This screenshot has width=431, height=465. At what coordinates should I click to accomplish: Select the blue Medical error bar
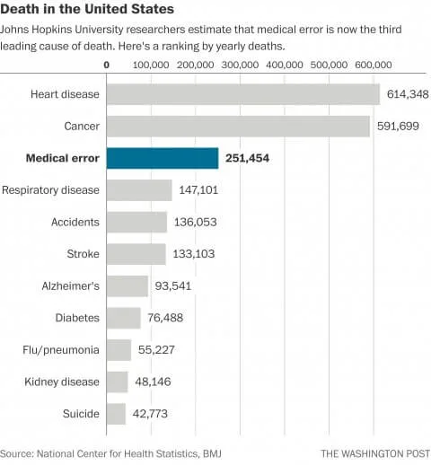[163, 158]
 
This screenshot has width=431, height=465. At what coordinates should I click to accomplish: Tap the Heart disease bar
[242, 94]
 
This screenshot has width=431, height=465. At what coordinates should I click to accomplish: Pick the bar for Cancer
[238, 126]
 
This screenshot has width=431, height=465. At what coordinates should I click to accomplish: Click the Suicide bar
[117, 414]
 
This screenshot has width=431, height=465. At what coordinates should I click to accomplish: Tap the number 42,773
[153, 414]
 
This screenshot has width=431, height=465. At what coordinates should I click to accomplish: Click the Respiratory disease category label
[50, 189]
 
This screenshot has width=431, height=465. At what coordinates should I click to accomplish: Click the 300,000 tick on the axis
[240, 66]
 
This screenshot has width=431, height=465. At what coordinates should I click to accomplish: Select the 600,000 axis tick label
[373, 66]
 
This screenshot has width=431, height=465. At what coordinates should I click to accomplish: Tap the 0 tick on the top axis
[107, 66]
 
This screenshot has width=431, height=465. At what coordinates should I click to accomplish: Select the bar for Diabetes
[124, 318]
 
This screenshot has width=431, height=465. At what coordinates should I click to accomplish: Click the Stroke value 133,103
[194, 254]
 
